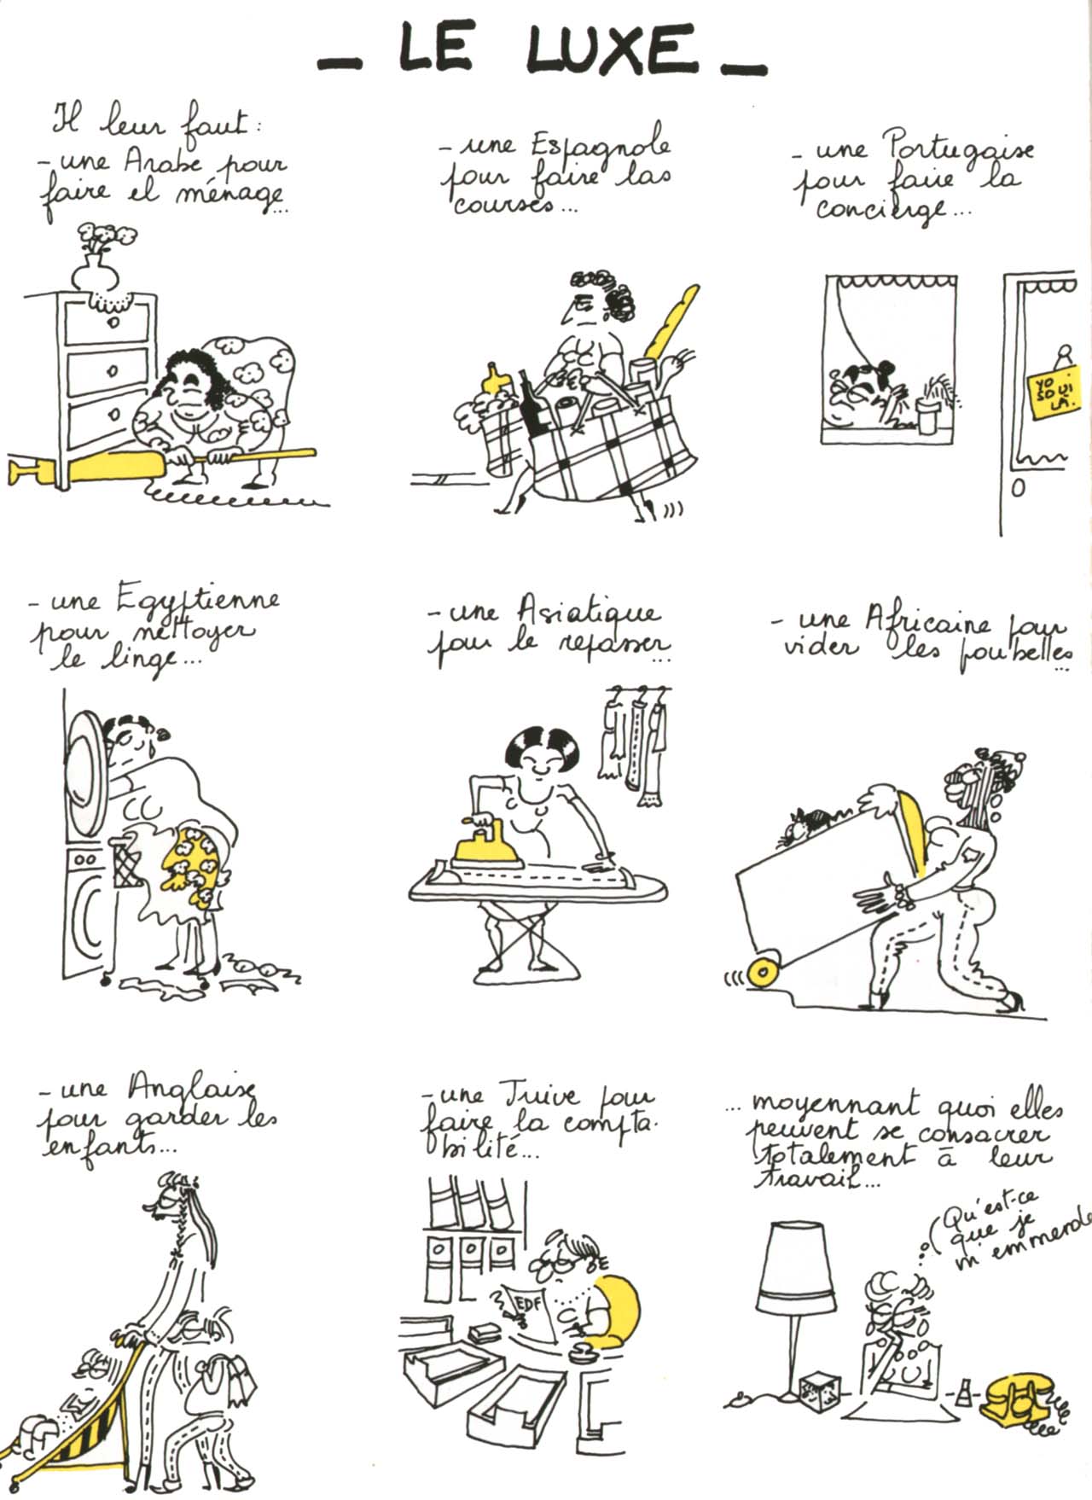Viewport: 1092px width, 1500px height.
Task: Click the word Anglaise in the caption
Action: click(x=193, y=1089)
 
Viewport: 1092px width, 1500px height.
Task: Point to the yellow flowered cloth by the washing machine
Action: click(x=197, y=865)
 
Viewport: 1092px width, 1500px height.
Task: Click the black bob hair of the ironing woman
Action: click(x=538, y=742)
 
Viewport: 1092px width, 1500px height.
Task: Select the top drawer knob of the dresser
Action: click(x=112, y=323)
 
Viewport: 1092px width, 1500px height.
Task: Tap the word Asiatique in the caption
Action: click(x=588, y=613)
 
